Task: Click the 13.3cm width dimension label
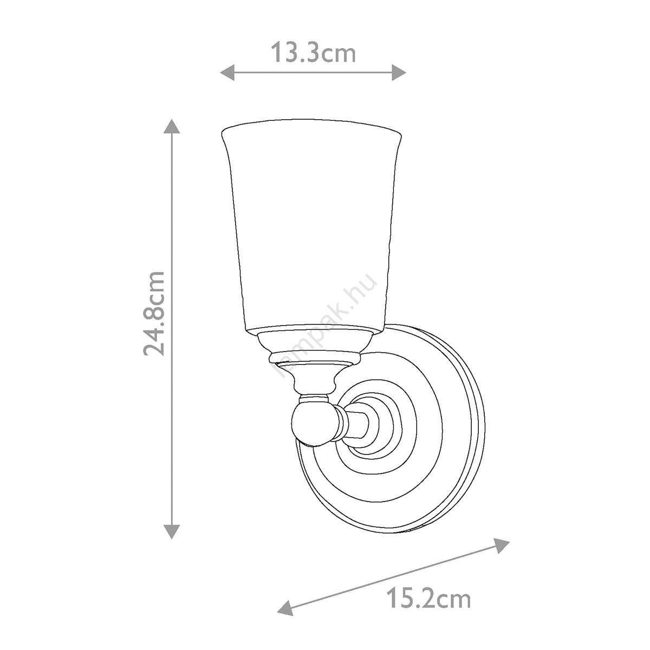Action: pos(314,53)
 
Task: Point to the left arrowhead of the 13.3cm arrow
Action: pos(227,72)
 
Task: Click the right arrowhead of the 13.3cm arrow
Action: pos(399,72)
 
